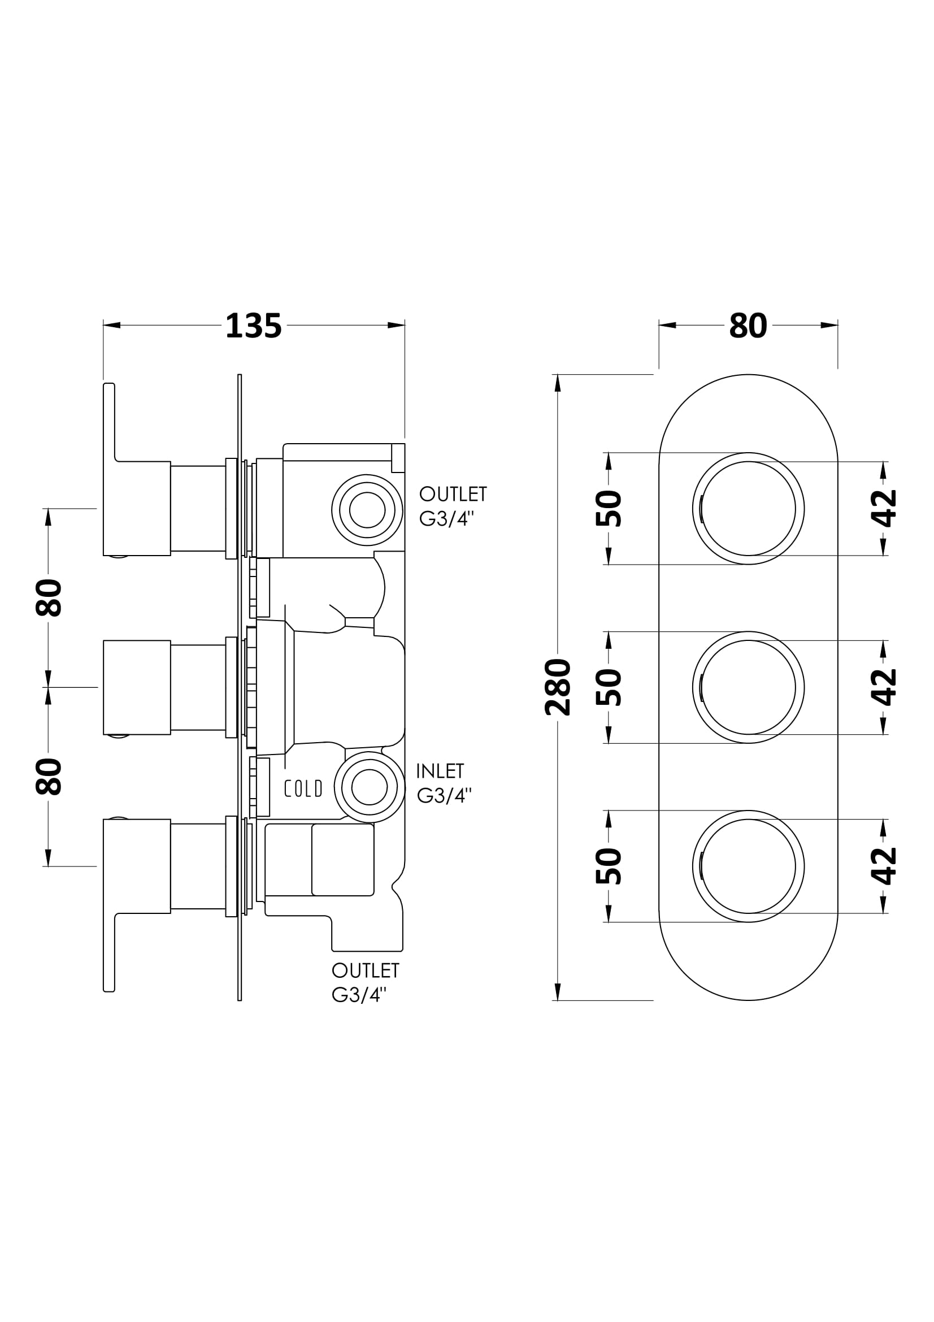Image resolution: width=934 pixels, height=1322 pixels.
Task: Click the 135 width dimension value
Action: (x=253, y=326)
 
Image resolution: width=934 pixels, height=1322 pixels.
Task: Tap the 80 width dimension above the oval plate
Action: (x=748, y=326)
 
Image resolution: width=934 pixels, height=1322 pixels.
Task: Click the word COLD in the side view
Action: (x=303, y=788)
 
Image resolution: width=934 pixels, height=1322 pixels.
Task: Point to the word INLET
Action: (x=440, y=771)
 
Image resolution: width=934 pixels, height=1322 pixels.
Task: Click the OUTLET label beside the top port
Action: (x=453, y=494)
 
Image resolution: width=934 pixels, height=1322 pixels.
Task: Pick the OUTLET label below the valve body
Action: (x=366, y=970)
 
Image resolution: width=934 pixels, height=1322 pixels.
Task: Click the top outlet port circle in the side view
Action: (x=367, y=510)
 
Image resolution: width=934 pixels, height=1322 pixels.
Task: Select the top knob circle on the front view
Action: (x=748, y=509)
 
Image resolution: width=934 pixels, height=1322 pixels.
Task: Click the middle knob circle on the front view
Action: (x=748, y=687)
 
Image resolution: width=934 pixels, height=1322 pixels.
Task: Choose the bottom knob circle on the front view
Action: (x=748, y=866)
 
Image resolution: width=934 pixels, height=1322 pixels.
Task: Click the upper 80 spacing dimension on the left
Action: (x=49, y=597)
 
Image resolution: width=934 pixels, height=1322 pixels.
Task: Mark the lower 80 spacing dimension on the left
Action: (x=49, y=776)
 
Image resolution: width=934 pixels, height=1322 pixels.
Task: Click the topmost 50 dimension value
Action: (x=609, y=509)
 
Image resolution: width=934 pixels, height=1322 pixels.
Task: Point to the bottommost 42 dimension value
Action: (x=884, y=866)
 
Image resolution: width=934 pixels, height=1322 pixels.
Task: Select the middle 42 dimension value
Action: (x=884, y=687)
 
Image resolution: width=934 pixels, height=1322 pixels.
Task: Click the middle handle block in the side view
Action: (x=136, y=687)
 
